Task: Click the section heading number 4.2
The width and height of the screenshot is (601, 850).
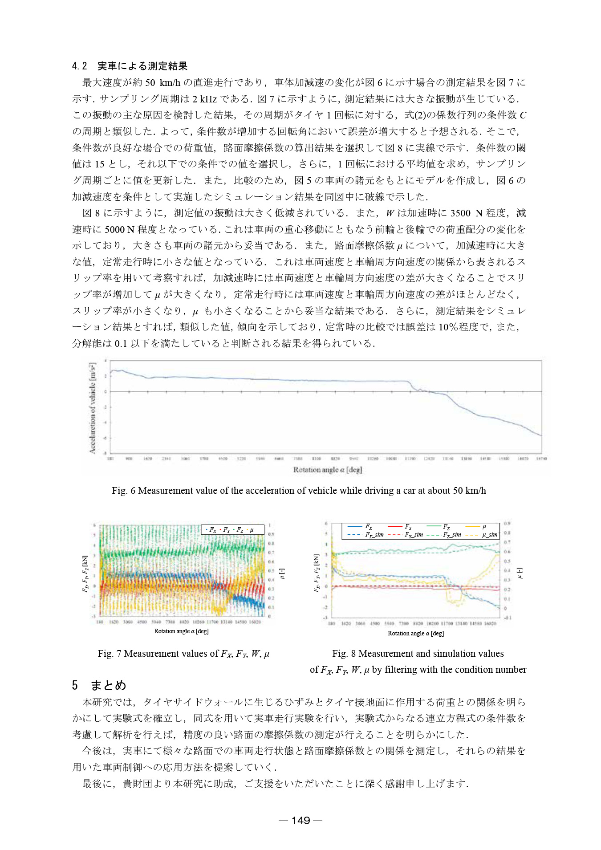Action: point(80,66)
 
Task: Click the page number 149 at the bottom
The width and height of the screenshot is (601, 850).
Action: point(300,820)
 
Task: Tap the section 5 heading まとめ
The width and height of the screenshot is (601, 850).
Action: point(108,685)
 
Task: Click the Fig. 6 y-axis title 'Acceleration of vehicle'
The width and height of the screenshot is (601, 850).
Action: point(93,408)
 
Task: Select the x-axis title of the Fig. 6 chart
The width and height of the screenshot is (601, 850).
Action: point(327,470)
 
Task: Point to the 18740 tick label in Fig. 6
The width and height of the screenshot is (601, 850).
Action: point(541,458)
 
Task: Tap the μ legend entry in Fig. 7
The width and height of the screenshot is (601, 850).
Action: point(250,530)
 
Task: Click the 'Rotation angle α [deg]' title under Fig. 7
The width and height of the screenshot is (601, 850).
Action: point(181,631)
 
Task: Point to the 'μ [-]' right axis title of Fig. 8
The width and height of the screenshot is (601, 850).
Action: point(520,573)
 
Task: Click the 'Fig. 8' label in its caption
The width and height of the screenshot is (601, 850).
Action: point(344,654)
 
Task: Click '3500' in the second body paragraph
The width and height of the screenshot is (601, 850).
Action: point(461,213)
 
